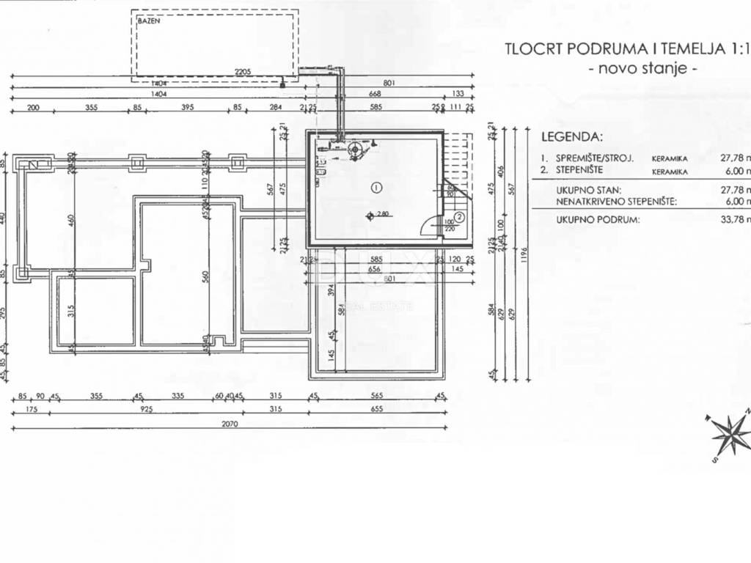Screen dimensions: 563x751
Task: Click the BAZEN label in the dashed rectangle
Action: click(x=148, y=21)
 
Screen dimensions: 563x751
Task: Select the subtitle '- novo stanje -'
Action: click(x=643, y=69)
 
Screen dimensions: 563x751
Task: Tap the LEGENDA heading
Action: click(x=572, y=137)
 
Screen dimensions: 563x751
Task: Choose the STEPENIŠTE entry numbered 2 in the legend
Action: click(x=579, y=171)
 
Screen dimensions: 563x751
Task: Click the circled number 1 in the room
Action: click(x=376, y=187)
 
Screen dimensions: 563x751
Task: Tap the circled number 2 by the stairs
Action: click(x=458, y=216)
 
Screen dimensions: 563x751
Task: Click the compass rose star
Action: click(x=730, y=435)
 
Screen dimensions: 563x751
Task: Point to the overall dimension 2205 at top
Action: click(x=243, y=72)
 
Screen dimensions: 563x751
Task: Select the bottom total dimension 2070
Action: click(x=230, y=423)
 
